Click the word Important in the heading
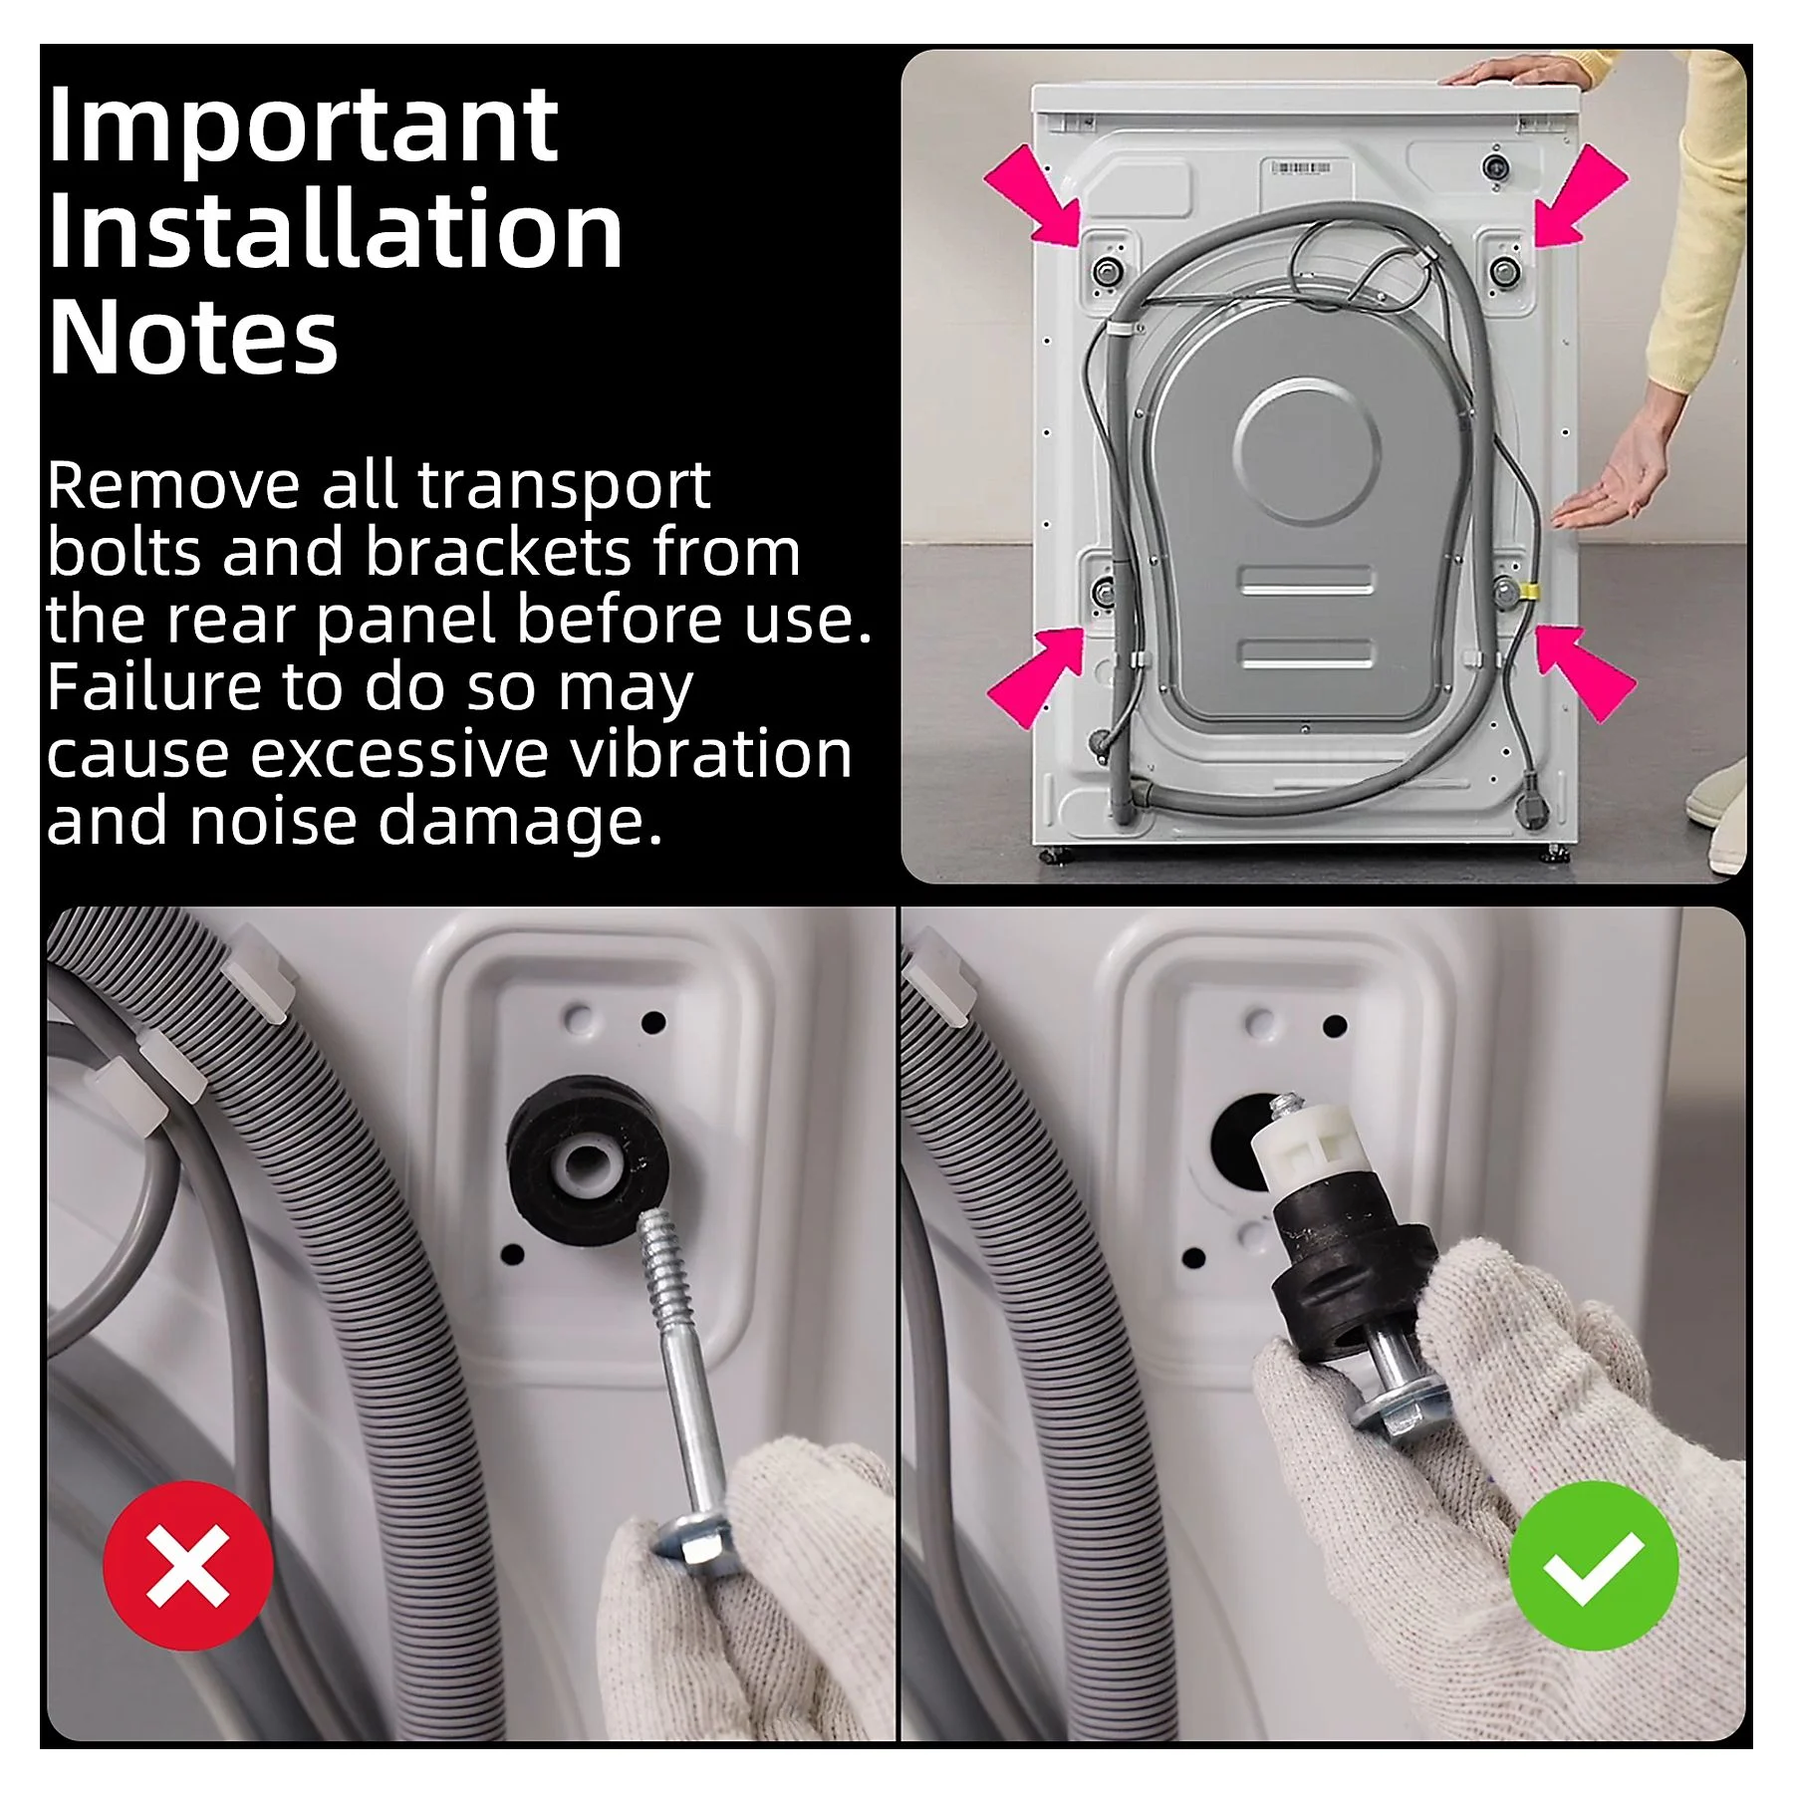[x=302, y=128]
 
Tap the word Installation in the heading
[x=335, y=232]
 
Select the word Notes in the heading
[x=193, y=338]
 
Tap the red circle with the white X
[x=188, y=1565]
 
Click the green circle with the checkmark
[x=1594, y=1565]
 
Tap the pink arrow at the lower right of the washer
[x=1584, y=673]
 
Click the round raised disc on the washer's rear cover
[x=1306, y=450]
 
